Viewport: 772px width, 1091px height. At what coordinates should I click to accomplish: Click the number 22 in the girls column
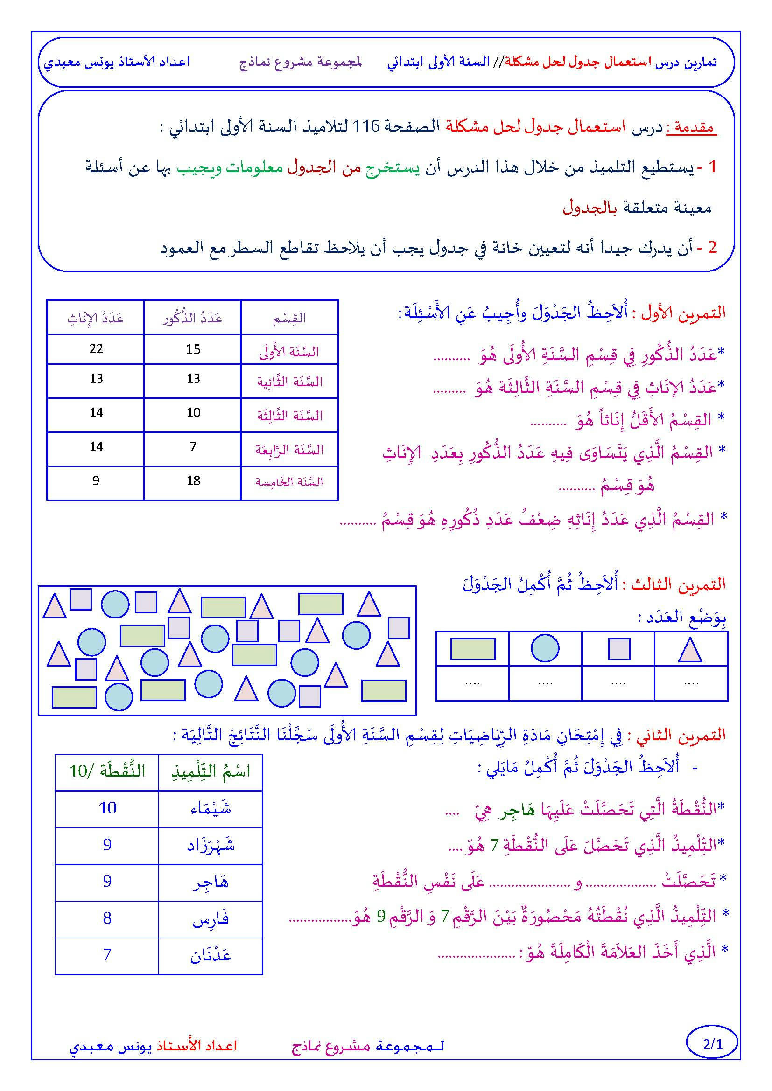pyautogui.click(x=96, y=349)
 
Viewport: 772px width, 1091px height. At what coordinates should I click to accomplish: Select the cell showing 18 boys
pyautogui.click(x=193, y=481)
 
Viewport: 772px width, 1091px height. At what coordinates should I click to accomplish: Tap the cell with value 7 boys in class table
pyautogui.click(x=193, y=447)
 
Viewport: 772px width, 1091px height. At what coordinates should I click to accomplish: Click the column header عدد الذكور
pyautogui.click(x=192, y=318)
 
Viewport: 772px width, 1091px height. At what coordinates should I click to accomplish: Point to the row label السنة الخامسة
pyautogui.click(x=289, y=482)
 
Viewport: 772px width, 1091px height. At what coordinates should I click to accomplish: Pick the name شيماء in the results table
pyautogui.click(x=211, y=808)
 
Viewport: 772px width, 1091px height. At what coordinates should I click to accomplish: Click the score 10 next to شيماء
pyautogui.click(x=107, y=808)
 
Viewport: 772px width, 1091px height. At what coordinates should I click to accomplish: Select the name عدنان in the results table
pyautogui.click(x=211, y=955)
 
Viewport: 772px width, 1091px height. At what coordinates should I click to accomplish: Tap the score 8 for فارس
pyautogui.click(x=107, y=918)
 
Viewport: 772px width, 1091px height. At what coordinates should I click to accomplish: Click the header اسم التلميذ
pyautogui.click(x=211, y=771)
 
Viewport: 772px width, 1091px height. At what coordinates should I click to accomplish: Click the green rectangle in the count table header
pyautogui.click(x=472, y=649)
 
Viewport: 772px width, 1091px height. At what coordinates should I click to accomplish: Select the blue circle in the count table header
pyautogui.click(x=545, y=648)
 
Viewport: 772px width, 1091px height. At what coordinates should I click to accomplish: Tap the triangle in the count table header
pyautogui.click(x=690, y=650)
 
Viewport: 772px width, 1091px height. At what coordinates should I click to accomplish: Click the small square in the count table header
pyautogui.click(x=619, y=649)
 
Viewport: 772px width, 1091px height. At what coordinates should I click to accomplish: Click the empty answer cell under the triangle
pyautogui.click(x=691, y=683)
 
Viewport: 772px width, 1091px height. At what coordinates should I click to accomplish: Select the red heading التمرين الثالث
pyautogui.click(x=684, y=584)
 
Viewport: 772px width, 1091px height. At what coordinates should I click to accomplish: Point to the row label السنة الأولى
pyautogui.click(x=289, y=352)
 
